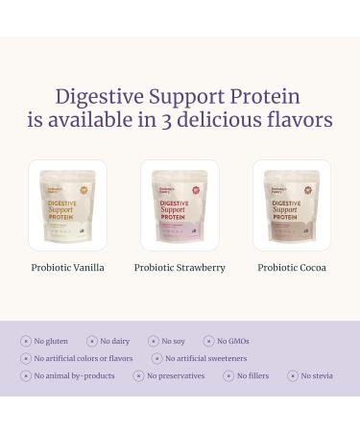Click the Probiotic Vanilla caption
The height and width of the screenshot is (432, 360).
(67, 268)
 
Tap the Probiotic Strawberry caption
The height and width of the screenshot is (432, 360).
(180, 268)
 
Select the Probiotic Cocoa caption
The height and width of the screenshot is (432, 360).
(292, 268)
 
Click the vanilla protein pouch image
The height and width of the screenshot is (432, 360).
(67, 205)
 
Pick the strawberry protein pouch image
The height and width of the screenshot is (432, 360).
(180, 205)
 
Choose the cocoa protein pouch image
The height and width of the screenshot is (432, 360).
(292, 205)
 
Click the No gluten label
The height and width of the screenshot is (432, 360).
(51, 341)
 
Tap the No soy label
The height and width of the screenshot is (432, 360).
(173, 341)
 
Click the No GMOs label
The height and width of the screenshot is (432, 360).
(232, 341)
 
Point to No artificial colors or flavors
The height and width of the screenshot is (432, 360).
(83, 358)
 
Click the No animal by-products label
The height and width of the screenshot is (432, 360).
(75, 375)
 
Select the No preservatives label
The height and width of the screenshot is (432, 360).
(175, 375)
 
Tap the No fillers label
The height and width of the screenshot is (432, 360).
(252, 375)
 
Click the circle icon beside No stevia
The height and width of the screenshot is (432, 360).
(292, 375)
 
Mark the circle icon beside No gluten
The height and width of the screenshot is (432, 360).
(26, 341)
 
